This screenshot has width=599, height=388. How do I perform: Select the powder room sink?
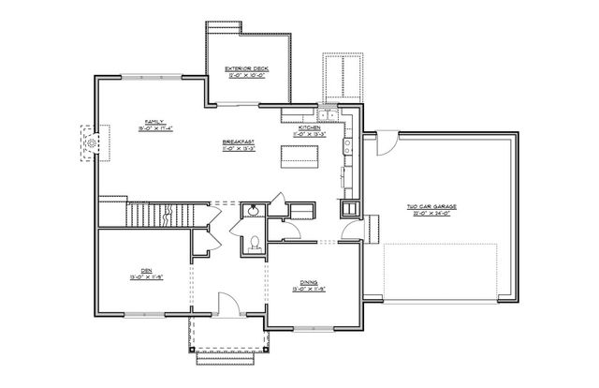252,209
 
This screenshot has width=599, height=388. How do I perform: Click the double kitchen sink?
328,114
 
